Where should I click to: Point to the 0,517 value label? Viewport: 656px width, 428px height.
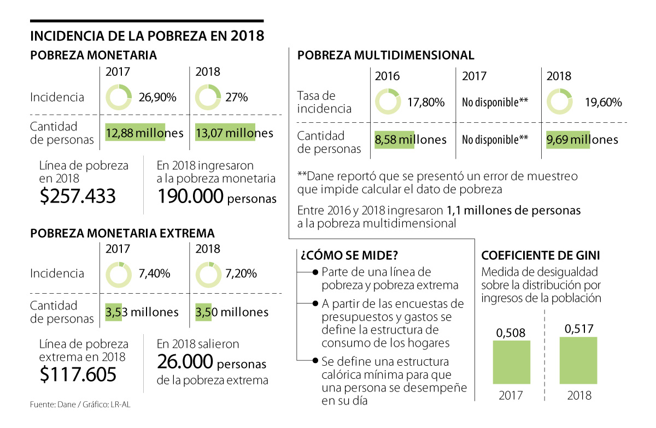tap(578, 329)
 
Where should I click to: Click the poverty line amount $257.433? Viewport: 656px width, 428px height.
tap(78, 195)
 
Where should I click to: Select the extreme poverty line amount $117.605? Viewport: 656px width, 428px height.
tap(78, 374)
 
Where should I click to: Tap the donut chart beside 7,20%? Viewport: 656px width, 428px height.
tap(208, 274)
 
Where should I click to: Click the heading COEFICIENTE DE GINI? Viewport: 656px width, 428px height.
tap(540, 255)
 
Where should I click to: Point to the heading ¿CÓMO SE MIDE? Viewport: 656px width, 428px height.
tap(348, 255)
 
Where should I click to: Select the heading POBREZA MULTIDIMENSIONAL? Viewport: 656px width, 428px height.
tap(385, 55)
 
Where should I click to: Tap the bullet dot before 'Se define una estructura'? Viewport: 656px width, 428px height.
tap(315, 361)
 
